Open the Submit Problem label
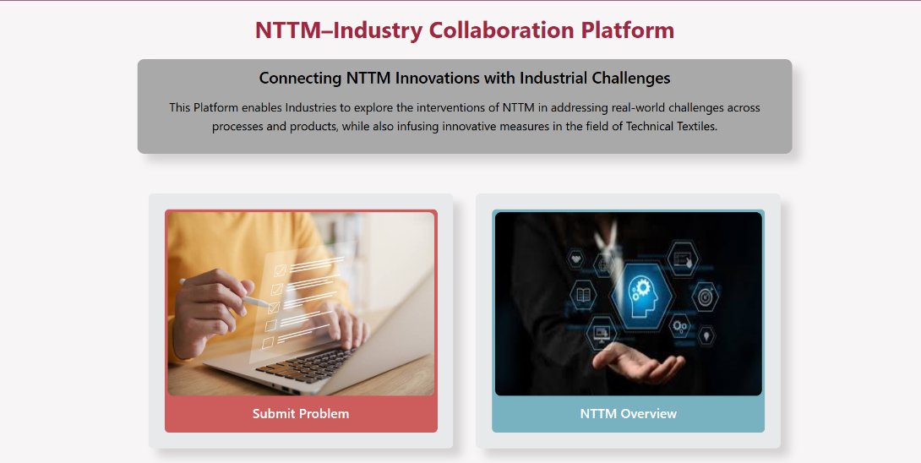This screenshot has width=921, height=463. tap(301, 413)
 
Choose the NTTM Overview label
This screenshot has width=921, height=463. tap(628, 413)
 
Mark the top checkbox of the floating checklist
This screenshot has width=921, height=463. tap(280, 268)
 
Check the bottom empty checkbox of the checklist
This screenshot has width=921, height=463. tap(268, 343)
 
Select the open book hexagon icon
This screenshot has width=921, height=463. tap(583, 296)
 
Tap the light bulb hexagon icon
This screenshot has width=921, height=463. tap(707, 335)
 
